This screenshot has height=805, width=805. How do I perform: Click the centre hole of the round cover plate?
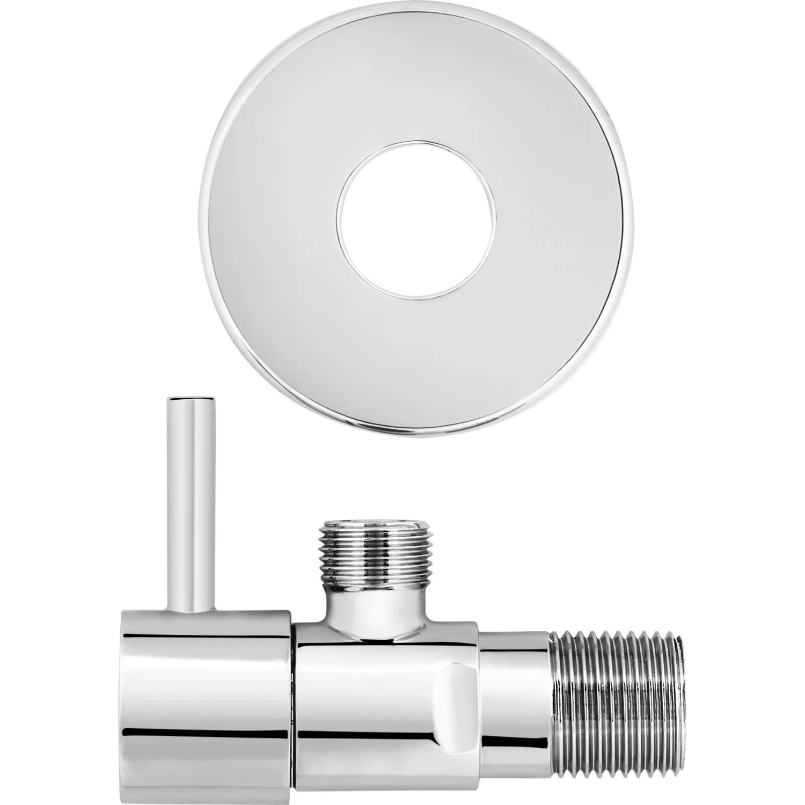tap(416, 219)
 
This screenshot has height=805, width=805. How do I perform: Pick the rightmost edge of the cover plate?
tap(634, 220)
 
